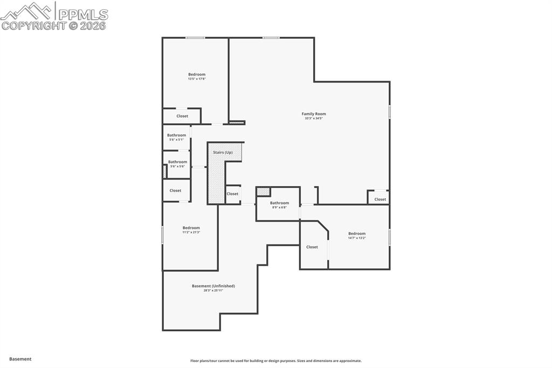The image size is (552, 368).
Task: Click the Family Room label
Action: [x=313, y=114]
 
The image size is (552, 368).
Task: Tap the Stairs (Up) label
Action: [x=223, y=153]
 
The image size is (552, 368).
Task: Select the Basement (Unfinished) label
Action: [x=213, y=286]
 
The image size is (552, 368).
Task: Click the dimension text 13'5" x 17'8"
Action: [x=197, y=79]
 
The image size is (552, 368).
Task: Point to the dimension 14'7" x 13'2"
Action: [x=356, y=238]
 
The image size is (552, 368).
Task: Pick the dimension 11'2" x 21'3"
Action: [x=191, y=233]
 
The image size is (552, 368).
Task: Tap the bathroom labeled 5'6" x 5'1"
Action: [x=176, y=137]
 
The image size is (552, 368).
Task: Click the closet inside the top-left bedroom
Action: [x=182, y=116]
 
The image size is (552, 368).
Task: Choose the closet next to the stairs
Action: [x=232, y=194]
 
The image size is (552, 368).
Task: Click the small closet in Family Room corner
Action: [x=380, y=199]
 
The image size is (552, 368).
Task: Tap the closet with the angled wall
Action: [x=312, y=247]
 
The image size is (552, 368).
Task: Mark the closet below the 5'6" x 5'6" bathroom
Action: [x=175, y=190]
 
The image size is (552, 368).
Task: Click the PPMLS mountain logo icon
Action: [x=27, y=10]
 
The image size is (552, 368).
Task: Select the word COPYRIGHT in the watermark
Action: [x=33, y=25]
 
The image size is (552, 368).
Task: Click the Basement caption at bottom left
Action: [x=20, y=359]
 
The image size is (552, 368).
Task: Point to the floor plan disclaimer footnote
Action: [x=275, y=361]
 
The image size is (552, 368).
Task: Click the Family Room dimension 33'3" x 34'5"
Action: [x=313, y=119]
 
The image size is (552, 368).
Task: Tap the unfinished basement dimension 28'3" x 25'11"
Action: [x=213, y=291]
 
